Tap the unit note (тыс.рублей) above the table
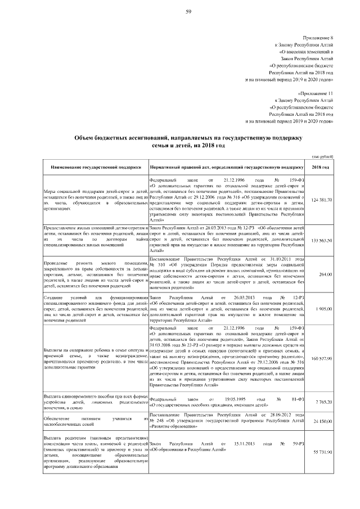pos(322,156)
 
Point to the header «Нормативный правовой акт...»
pos(226,167)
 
